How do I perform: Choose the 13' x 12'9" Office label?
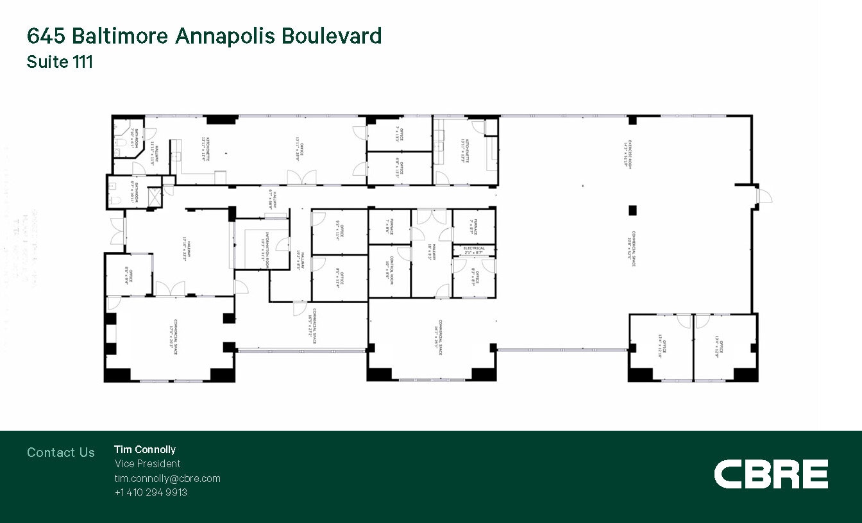click(718, 346)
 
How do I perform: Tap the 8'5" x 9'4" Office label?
click(128, 275)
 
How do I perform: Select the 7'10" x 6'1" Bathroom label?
click(134, 138)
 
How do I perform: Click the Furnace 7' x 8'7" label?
click(474, 226)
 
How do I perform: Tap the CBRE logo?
click(771, 474)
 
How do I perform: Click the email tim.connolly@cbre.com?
click(167, 478)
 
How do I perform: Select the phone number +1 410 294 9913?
click(151, 492)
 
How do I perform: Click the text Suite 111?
click(60, 62)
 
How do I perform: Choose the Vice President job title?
click(148, 463)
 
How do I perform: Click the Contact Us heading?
click(61, 452)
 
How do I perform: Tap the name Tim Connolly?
click(145, 449)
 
